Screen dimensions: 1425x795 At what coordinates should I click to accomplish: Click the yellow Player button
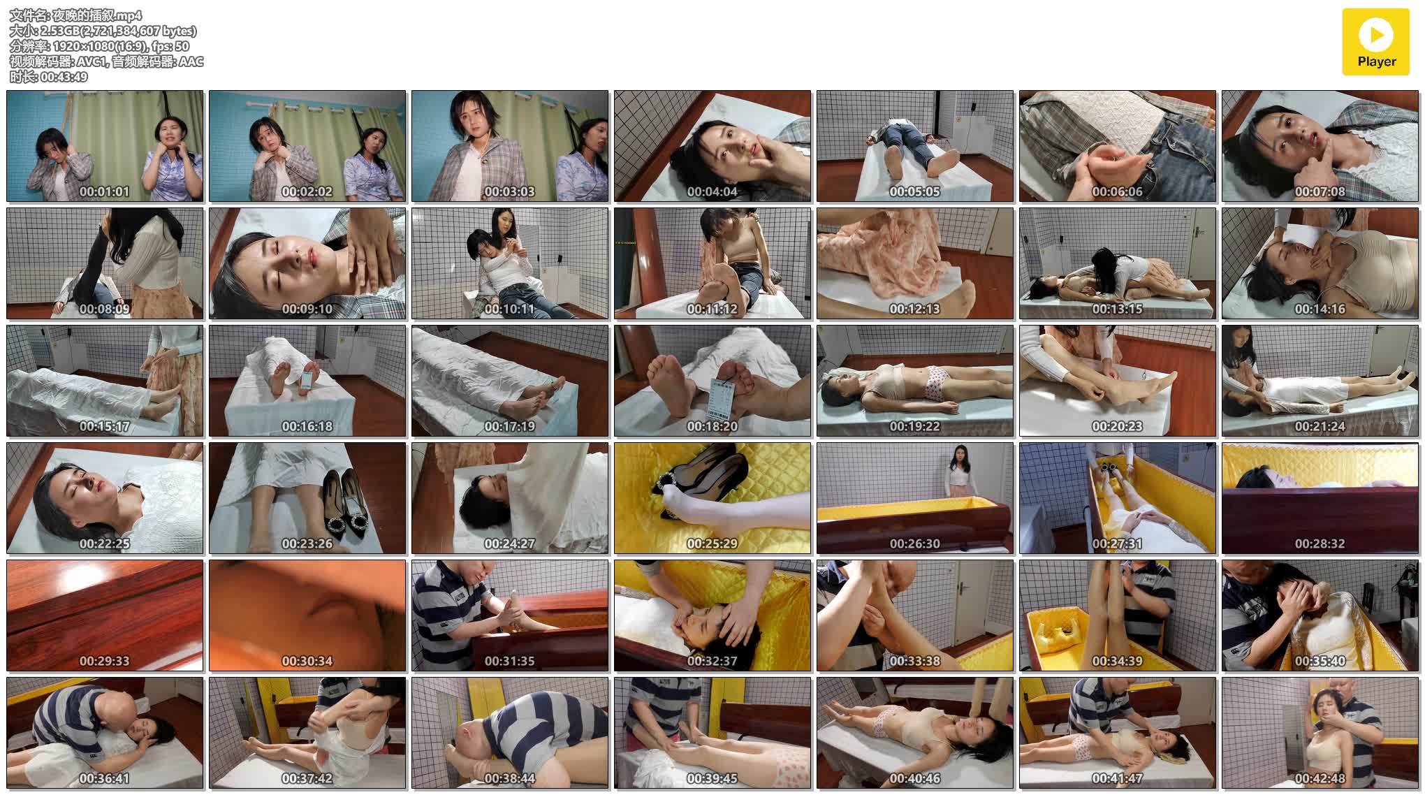[x=1376, y=42]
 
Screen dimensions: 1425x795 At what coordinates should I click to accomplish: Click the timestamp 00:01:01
[x=105, y=191]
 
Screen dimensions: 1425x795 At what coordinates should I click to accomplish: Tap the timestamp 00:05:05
[x=915, y=191]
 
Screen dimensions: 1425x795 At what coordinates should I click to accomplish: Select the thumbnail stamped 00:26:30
[x=915, y=498]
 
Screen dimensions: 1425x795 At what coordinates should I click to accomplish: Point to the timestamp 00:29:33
[x=105, y=661]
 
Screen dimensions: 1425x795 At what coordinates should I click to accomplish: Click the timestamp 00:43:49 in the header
[x=64, y=77]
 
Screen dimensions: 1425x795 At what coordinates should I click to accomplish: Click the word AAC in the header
[x=191, y=61]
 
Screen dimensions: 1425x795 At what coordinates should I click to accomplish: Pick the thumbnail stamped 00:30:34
[x=307, y=615]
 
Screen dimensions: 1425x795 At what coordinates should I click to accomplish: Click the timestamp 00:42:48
[x=1320, y=778]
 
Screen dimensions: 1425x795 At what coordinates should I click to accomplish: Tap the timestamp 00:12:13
[x=915, y=309]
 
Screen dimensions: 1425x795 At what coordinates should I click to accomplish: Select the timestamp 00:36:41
[x=105, y=778]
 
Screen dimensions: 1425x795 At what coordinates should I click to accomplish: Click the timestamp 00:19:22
[x=915, y=426]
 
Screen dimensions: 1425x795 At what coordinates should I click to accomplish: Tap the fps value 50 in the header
[x=182, y=46]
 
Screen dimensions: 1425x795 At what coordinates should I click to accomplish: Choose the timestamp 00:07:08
[x=1320, y=191]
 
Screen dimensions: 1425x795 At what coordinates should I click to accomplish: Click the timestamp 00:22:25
[x=105, y=544]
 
